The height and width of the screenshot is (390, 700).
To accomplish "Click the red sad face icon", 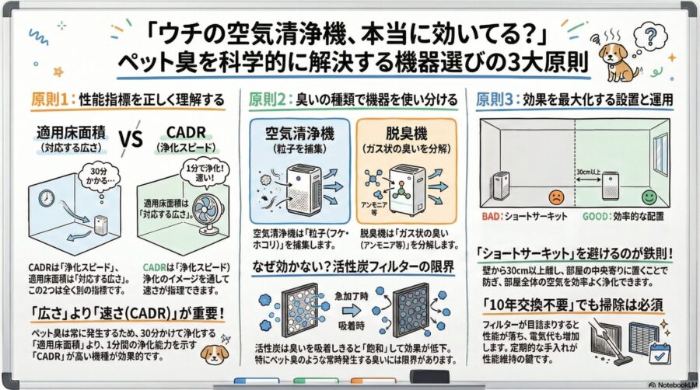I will click(x=555, y=197).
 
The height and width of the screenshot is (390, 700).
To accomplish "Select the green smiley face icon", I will click(x=647, y=196).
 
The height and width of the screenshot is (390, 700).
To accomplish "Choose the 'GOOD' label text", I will click(x=596, y=217).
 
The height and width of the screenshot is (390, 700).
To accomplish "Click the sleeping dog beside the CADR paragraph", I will click(x=213, y=354).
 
